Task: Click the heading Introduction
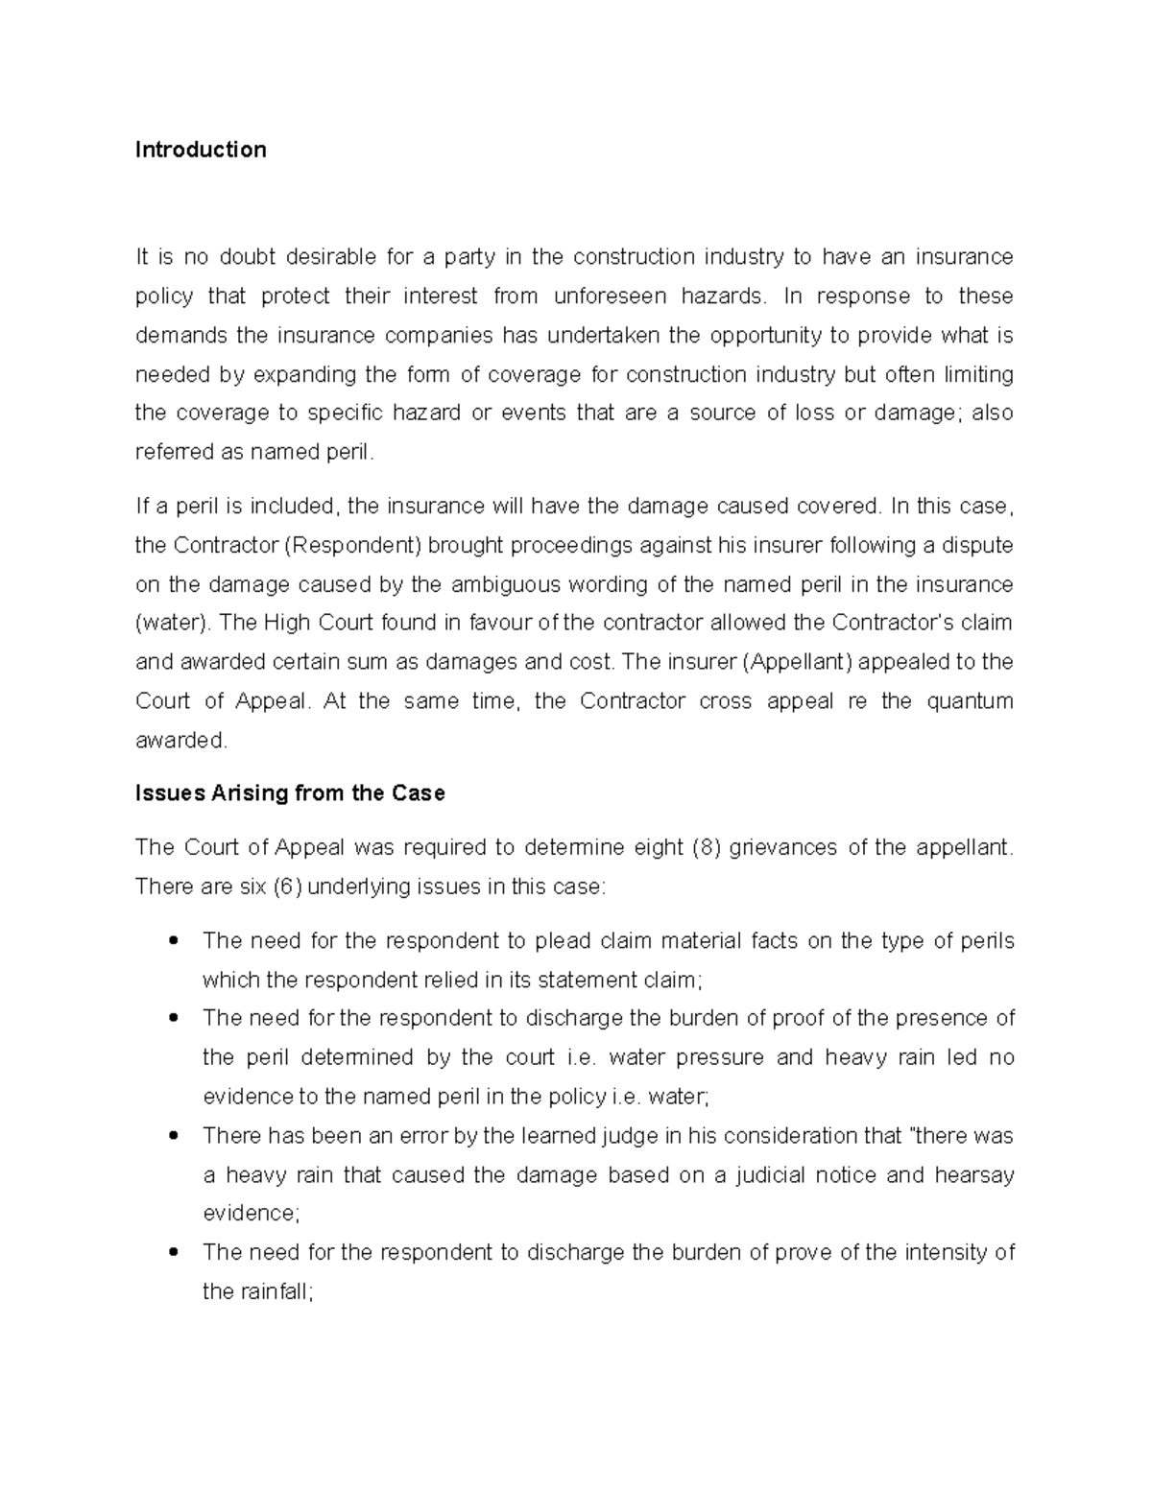201,150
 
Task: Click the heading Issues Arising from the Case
290,793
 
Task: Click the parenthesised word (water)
173,623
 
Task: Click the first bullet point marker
174,941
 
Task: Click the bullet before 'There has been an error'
174,1136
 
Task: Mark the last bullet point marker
174,1253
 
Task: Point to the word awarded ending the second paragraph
180,741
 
